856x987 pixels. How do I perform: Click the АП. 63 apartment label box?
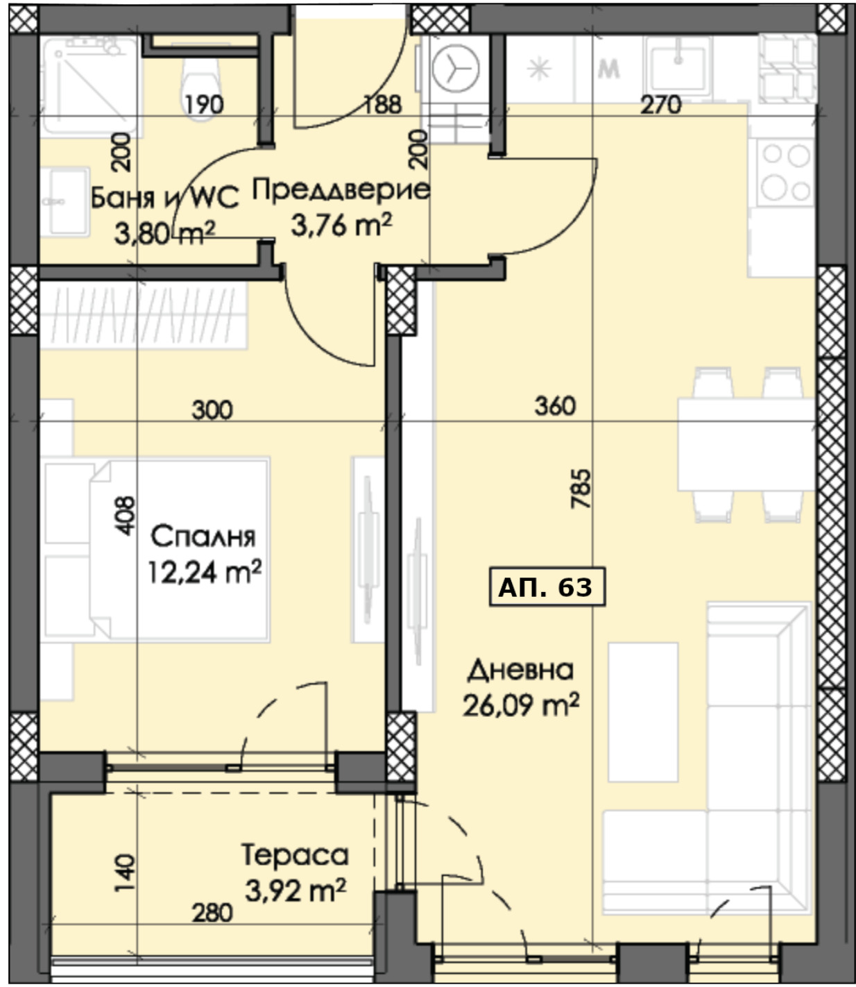[547, 586]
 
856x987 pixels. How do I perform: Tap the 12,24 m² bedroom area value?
[205, 573]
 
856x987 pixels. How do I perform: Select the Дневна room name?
[520, 670]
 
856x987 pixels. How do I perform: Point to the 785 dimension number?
[581, 489]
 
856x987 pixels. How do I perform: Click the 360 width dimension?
[555, 406]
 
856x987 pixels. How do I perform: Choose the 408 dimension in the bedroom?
[126, 516]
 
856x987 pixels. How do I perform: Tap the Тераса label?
[295, 854]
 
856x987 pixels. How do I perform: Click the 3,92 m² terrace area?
[296, 890]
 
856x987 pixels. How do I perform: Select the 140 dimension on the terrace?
[126, 872]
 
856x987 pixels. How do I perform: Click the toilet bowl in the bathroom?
[200, 85]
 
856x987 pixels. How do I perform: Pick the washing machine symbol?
[456, 68]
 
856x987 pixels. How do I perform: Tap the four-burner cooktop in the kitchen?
[786, 171]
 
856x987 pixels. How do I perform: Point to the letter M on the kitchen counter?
[609, 70]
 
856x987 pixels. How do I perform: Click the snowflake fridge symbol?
[539, 69]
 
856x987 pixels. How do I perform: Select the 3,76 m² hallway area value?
[341, 225]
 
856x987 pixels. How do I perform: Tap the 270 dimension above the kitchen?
[661, 105]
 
